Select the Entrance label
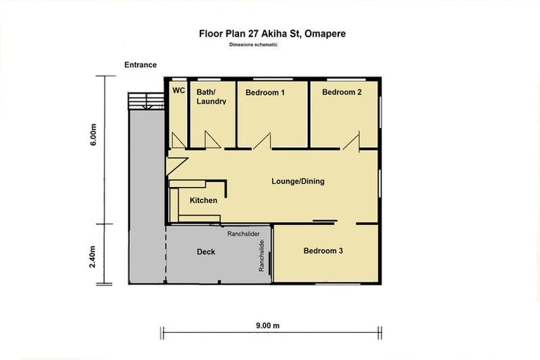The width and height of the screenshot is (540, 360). [x=141, y=65]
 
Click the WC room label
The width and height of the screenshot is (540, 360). [x=179, y=91]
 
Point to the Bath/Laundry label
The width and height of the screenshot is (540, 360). [x=211, y=96]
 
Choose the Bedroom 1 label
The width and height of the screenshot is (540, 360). [x=265, y=92]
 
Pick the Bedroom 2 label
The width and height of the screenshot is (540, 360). [x=342, y=92]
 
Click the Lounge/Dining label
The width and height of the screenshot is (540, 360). [x=298, y=181]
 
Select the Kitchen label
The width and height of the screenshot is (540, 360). [x=203, y=201]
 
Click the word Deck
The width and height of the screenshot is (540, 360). [x=205, y=252]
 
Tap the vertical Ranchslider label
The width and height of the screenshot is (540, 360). [x=262, y=257]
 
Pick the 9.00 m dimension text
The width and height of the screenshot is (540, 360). [x=267, y=326]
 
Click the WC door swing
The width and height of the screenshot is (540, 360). [x=179, y=141]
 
